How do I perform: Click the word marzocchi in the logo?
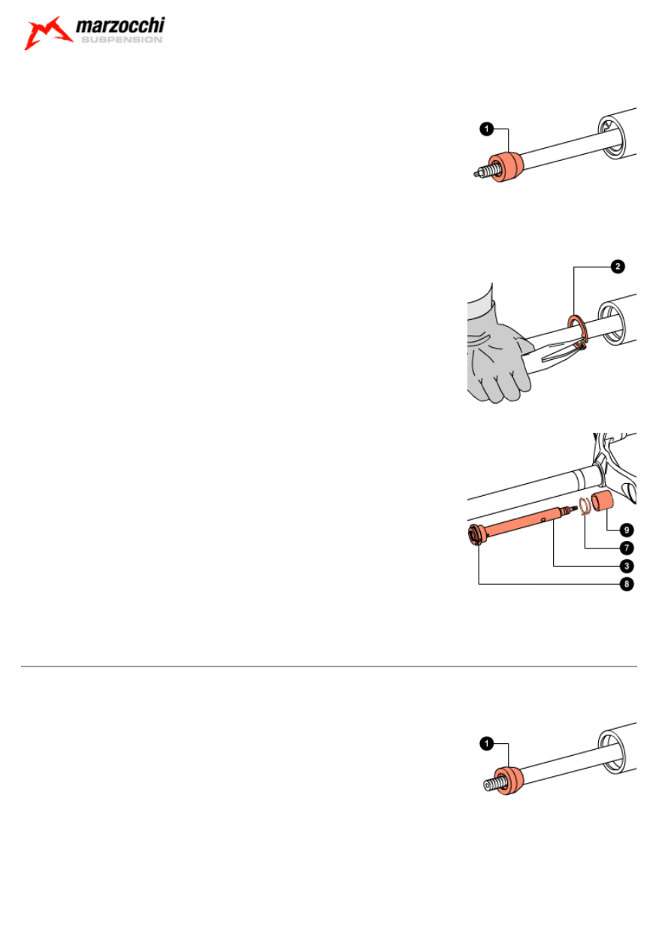point(120,26)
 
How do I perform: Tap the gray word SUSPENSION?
point(122,40)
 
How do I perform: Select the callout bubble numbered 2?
point(618,267)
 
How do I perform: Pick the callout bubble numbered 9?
point(627,530)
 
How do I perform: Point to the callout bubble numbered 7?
point(627,549)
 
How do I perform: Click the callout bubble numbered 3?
point(627,566)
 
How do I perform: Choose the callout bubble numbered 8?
point(627,585)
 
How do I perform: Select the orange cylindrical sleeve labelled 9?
point(603,500)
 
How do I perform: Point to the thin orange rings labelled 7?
point(585,506)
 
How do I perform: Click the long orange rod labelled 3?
point(524,522)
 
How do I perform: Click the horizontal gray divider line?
point(328,666)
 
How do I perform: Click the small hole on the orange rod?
point(543,518)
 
